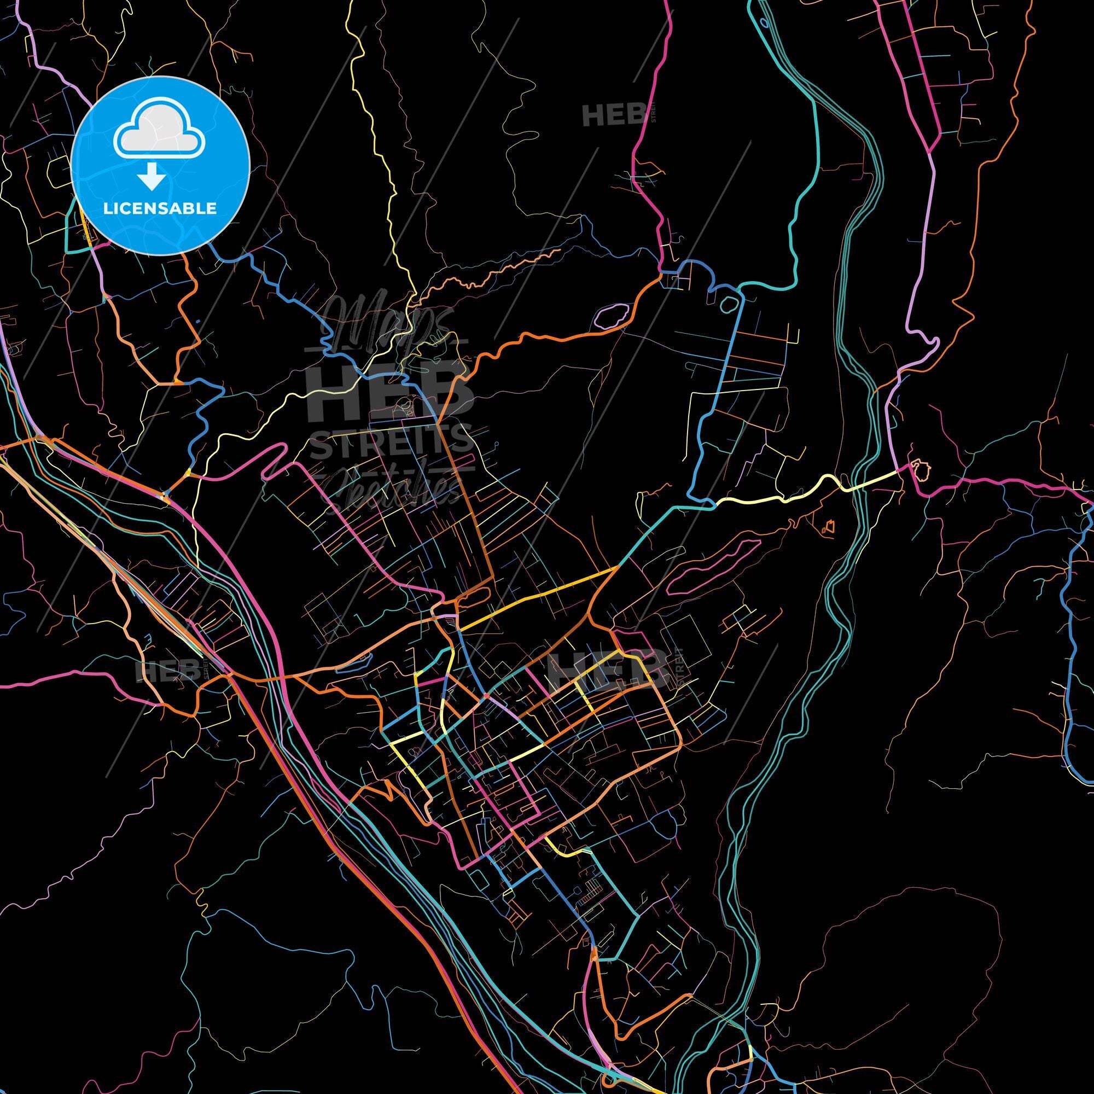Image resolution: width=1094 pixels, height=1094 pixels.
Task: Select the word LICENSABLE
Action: [160, 208]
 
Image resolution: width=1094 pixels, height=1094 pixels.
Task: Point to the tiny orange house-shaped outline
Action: [828, 527]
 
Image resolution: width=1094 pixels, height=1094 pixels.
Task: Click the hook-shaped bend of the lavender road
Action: [929, 345]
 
